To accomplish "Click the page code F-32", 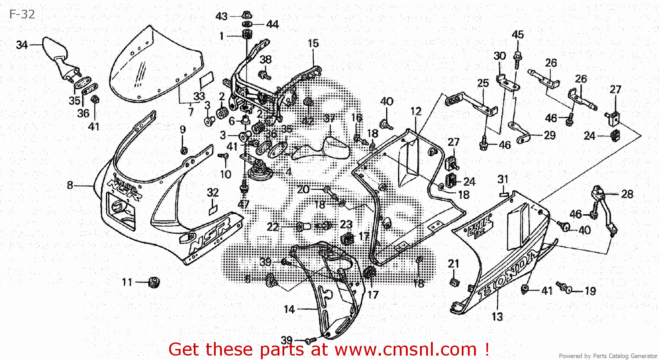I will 22,14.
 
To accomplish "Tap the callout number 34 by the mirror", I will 22,45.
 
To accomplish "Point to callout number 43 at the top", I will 221,17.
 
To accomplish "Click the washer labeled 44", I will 247,24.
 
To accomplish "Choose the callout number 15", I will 313,43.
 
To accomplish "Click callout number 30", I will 500,56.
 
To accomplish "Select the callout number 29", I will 550,135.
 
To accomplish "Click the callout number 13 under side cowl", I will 497,317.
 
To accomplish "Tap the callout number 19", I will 590,291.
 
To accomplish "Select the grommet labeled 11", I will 153,282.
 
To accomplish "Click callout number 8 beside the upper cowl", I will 70,185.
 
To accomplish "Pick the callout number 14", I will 289,310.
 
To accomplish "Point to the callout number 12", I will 416,112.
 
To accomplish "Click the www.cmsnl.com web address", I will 406,349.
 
